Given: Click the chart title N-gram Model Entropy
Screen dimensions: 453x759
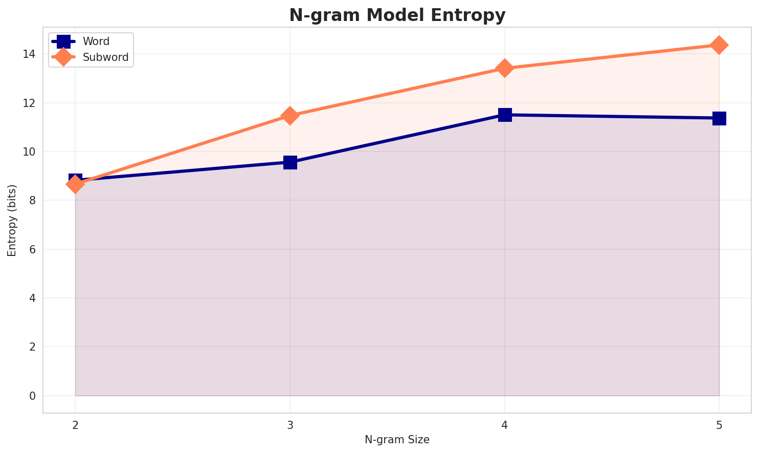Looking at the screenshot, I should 397,15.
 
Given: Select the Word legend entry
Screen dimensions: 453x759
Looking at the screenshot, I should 96,41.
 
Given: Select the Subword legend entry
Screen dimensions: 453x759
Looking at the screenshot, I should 105,57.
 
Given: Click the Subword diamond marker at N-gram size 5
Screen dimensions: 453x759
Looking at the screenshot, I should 719,45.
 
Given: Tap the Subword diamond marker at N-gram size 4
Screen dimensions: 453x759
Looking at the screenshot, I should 505,68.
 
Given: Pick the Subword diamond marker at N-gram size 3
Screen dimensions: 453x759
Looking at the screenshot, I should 290,116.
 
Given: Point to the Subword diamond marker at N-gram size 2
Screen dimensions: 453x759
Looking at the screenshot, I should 75,184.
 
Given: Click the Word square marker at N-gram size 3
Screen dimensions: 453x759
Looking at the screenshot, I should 290,162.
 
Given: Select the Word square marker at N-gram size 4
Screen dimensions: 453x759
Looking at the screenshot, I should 505,115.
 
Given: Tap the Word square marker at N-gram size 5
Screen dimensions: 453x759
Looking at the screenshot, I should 719,118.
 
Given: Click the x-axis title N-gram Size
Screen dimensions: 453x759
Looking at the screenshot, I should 397,440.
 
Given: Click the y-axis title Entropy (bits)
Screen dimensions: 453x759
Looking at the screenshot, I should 12,220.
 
